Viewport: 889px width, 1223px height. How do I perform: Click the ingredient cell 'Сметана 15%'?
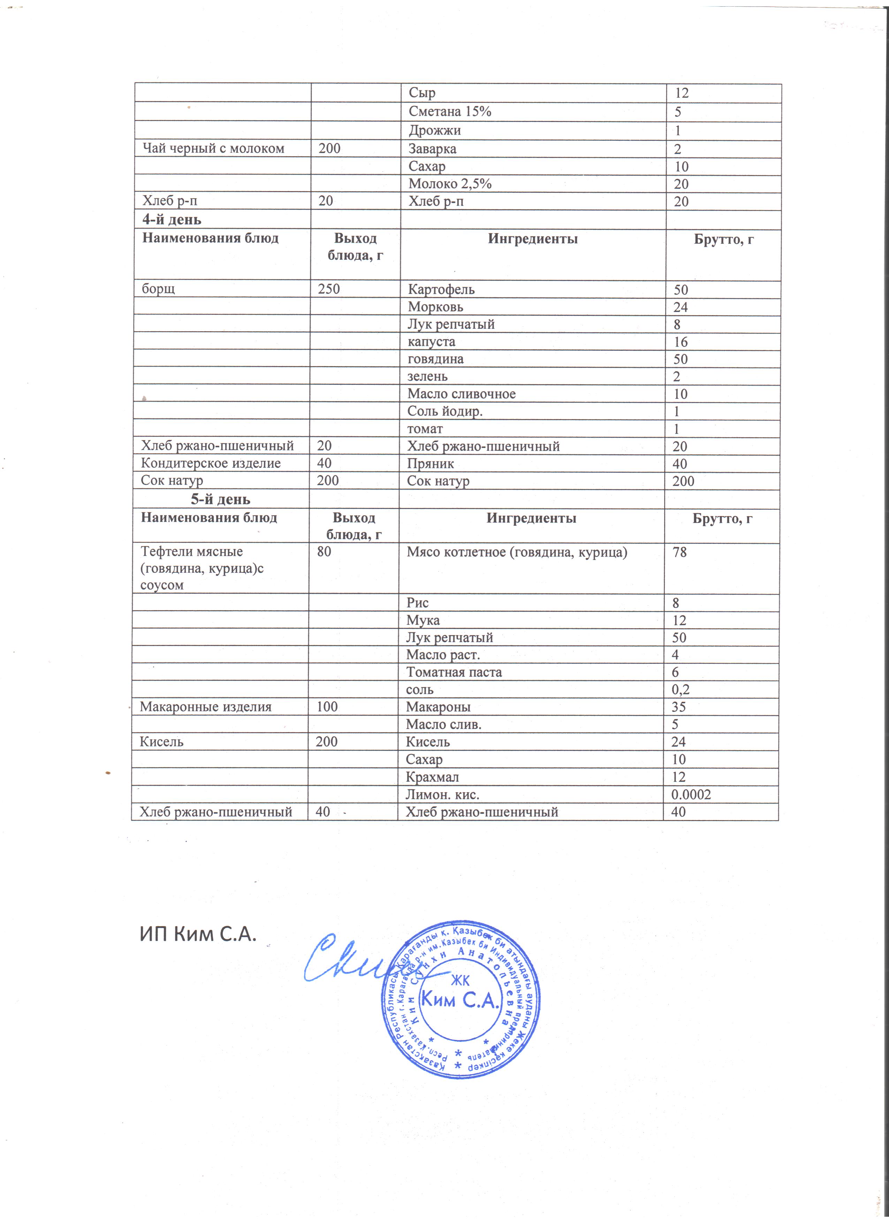(x=450, y=112)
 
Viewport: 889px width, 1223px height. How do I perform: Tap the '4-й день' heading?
(x=172, y=220)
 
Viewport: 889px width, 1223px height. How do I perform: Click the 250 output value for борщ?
(x=329, y=289)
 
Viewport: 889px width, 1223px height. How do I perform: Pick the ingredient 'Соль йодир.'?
(x=445, y=411)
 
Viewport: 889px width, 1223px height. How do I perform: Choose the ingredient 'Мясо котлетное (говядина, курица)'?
(x=516, y=552)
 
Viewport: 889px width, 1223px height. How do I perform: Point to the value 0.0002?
(x=691, y=794)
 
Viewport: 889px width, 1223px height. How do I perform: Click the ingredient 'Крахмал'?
(x=432, y=777)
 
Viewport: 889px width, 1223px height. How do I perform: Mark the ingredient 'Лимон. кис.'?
(x=442, y=794)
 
